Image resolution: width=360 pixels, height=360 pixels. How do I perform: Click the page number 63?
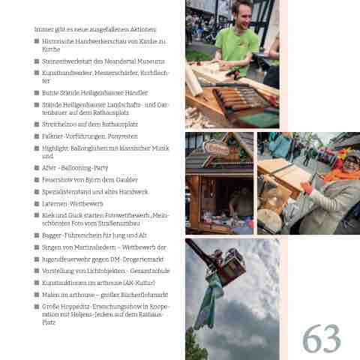[322, 338]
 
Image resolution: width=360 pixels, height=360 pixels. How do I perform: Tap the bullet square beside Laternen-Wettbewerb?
[37, 203]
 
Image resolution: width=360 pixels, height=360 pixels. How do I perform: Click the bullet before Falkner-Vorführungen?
[37, 136]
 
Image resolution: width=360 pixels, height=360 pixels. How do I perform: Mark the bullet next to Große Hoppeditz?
[37, 307]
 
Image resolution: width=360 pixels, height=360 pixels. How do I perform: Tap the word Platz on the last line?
[49, 322]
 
